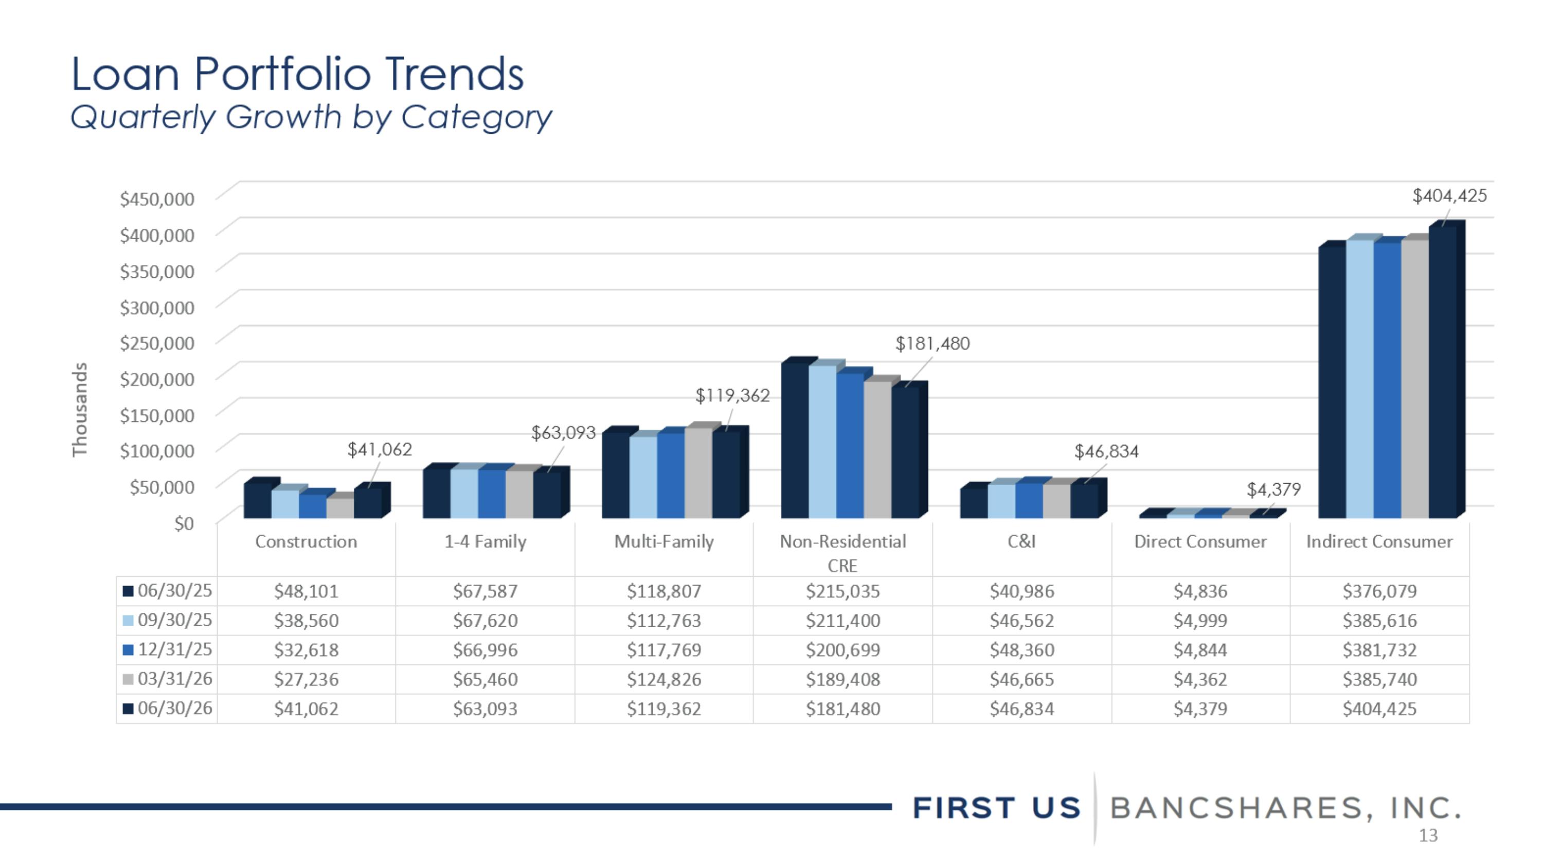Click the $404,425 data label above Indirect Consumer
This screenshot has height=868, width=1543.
1449,196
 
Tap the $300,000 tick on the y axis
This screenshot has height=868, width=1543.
157,307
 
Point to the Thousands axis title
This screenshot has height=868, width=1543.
80,410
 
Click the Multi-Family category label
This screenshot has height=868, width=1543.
663,541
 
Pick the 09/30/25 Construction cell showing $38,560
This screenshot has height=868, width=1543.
306,620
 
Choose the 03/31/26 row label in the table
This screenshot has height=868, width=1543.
174,679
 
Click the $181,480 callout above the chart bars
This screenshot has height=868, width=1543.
932,344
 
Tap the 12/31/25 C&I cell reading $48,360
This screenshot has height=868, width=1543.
1022,650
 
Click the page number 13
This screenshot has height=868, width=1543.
1428,836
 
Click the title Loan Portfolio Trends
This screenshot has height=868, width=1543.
298,74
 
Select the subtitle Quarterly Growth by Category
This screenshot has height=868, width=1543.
311,117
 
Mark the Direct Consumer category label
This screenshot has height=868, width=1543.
1200,541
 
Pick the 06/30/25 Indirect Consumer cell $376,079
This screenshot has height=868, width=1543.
1379,591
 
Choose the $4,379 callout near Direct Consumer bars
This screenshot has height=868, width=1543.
1273,490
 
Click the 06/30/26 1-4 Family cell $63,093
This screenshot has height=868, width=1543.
485,708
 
